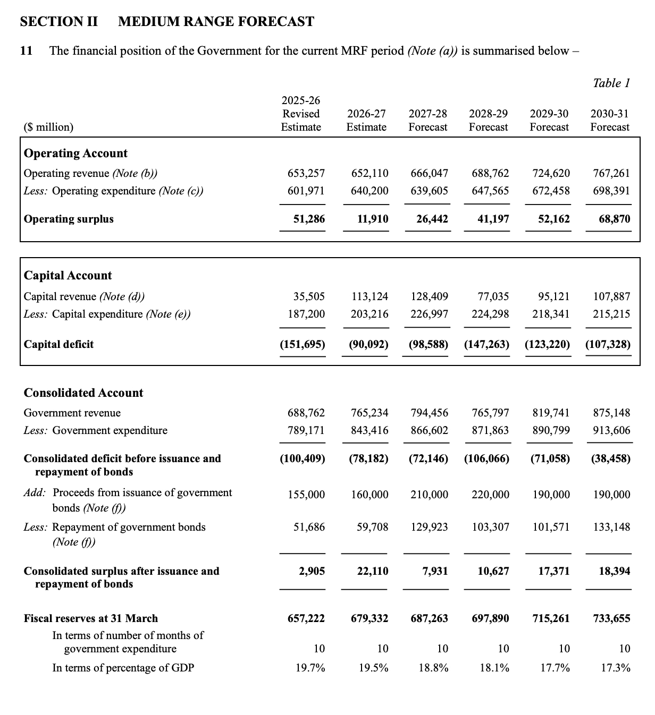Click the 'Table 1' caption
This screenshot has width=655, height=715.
[x=611, y=83]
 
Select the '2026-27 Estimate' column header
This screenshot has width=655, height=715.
[x=366, y=121]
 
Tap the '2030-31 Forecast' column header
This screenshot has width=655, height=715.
[x=609, y=121]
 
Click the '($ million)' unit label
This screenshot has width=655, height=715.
[x=48, y=127]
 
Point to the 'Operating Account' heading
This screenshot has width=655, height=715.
[x=75, y=153]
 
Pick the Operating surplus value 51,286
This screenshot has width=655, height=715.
[x=309, y=219]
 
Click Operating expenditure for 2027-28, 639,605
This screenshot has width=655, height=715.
[x=429, y=191]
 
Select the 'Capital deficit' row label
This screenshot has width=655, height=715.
[x=58, y=344]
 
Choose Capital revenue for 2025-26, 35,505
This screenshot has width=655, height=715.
[x=309, y=296]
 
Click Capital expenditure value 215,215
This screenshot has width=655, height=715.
[x=611, y=314]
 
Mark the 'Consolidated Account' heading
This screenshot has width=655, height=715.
[x=83, y=393]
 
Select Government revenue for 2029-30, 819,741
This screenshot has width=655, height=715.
[x=551, y=413]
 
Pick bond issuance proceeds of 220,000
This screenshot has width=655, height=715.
[x=490, y=495]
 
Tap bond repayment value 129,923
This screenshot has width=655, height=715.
[x=429, y=527]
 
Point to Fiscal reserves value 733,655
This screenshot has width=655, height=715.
[x=611, y=618]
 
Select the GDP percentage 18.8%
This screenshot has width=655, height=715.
[x=433, y=668]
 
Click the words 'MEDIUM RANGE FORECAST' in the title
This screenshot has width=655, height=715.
[x=216, y=22]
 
